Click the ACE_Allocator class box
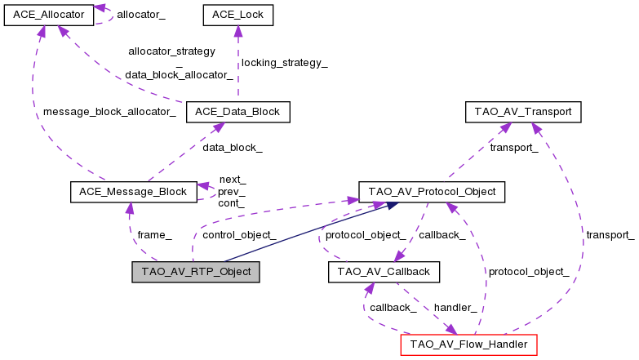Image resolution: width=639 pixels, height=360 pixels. (x=47, y=15)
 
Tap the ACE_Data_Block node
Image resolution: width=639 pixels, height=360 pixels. (x=237, y=112)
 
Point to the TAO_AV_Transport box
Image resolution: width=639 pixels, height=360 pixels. (x=522, y=112)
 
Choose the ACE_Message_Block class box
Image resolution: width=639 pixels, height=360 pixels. (x=134, y=192)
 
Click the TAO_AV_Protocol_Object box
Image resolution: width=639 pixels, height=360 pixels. (x=432, y=192)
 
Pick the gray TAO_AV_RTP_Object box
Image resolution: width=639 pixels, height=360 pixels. (x=196, y=272)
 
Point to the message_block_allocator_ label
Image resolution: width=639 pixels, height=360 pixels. (x=109, y=112)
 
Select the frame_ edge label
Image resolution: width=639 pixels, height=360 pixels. (x=154, y=234)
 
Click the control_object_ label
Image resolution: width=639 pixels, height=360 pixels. (x=238, y=234)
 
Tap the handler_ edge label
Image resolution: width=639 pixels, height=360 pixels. (x=455, y=307)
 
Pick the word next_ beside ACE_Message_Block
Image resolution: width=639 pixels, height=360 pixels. (x=232, y=179)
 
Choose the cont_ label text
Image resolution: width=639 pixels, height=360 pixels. (x=231, y=202)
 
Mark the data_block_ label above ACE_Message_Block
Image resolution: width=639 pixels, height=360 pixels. (x=233, y=148)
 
